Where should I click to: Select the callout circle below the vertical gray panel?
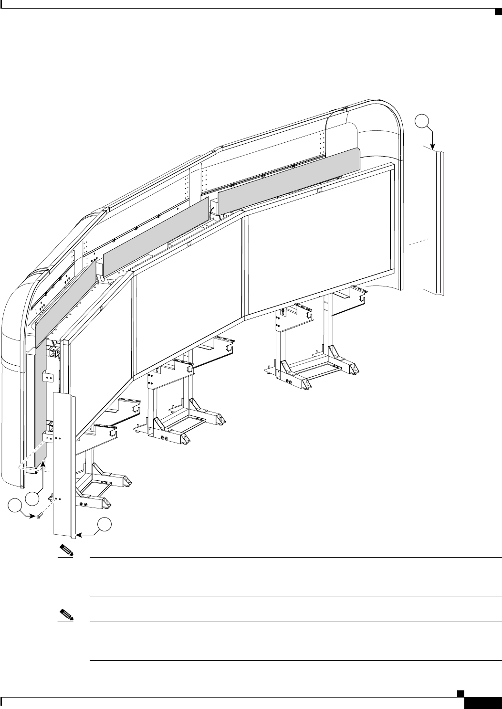click(32, 498)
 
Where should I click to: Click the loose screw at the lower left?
click(39, 516)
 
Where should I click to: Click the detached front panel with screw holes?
click(64, 463)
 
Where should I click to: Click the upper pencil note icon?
click(66, 550)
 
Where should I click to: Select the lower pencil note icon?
click(66, 614)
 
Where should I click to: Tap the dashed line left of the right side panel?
click(415, 242)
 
